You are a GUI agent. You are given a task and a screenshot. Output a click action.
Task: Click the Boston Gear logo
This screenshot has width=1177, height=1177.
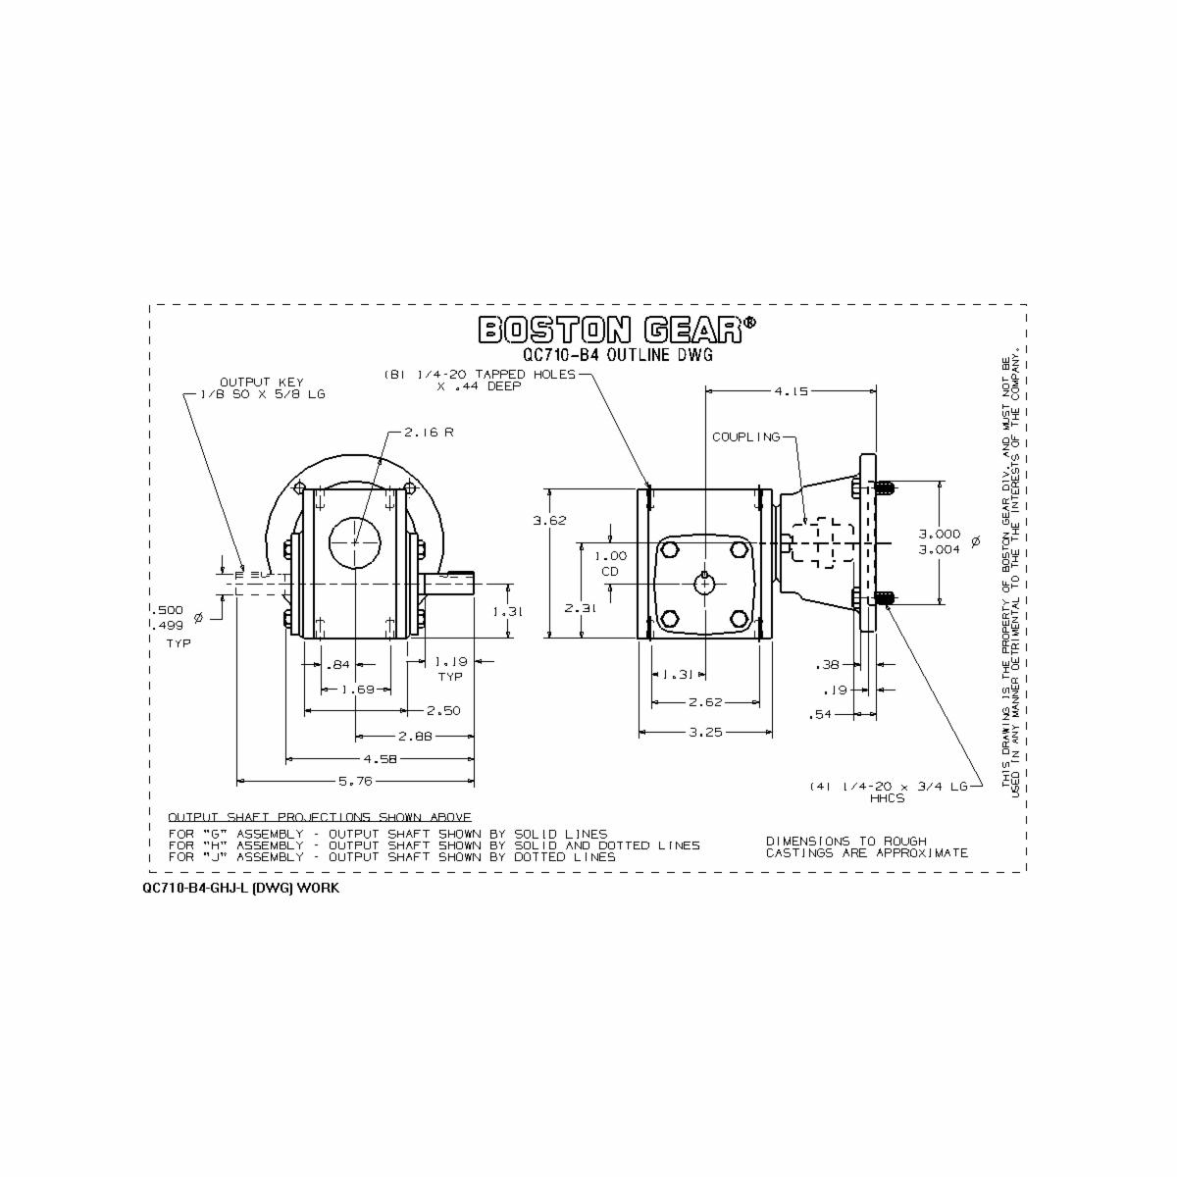pos(617,330)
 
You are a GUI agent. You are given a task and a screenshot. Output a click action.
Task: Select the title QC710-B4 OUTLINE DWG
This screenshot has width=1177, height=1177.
pos(617,356)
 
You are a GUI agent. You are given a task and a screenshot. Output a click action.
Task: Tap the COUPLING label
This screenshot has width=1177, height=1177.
pos(745,436)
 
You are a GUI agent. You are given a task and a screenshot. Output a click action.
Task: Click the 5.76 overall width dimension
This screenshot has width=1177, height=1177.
pos(355,781)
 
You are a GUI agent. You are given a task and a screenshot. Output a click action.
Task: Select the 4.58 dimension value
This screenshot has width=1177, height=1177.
pos(381,758)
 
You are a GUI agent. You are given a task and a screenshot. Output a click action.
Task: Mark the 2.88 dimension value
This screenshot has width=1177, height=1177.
pos(416,735)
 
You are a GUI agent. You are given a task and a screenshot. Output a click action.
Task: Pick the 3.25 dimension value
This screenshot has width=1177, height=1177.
pos(705,732)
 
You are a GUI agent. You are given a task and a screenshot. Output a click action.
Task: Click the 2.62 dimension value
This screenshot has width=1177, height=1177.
pos(705,702)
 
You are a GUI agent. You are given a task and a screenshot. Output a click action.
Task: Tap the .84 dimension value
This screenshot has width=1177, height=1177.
pos(337,666)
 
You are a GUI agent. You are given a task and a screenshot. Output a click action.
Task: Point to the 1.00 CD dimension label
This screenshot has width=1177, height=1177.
pos(610,562)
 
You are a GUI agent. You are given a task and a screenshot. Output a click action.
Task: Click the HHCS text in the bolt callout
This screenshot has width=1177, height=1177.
pos(888,798)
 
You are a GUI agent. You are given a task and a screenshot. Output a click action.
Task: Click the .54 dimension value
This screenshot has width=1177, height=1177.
pos(821,715)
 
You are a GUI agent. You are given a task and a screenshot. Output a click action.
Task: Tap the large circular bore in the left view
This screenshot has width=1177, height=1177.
pos(355,540)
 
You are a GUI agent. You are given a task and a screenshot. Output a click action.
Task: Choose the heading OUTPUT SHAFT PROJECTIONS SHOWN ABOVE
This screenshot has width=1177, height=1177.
pos(320,817)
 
